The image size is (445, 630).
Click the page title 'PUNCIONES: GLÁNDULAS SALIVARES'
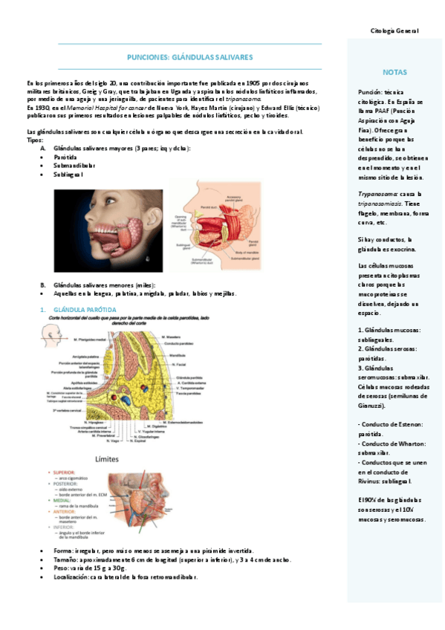click(x=189, y=56)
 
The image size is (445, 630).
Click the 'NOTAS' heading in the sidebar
click(x=394, y=72)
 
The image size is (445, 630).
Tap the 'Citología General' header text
click(x=394, y=30)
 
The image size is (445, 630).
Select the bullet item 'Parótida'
click(x=66, y=157)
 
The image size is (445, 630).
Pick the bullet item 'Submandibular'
click(x=73, y=166)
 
